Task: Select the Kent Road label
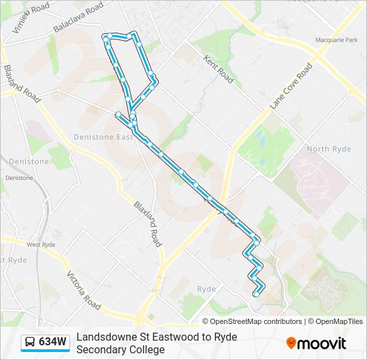219,69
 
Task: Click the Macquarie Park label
338,41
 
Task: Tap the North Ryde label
328,149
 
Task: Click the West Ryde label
41,245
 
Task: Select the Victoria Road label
83,290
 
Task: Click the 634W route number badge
52,342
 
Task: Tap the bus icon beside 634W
30,343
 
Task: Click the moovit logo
316,343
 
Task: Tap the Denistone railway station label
19,178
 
